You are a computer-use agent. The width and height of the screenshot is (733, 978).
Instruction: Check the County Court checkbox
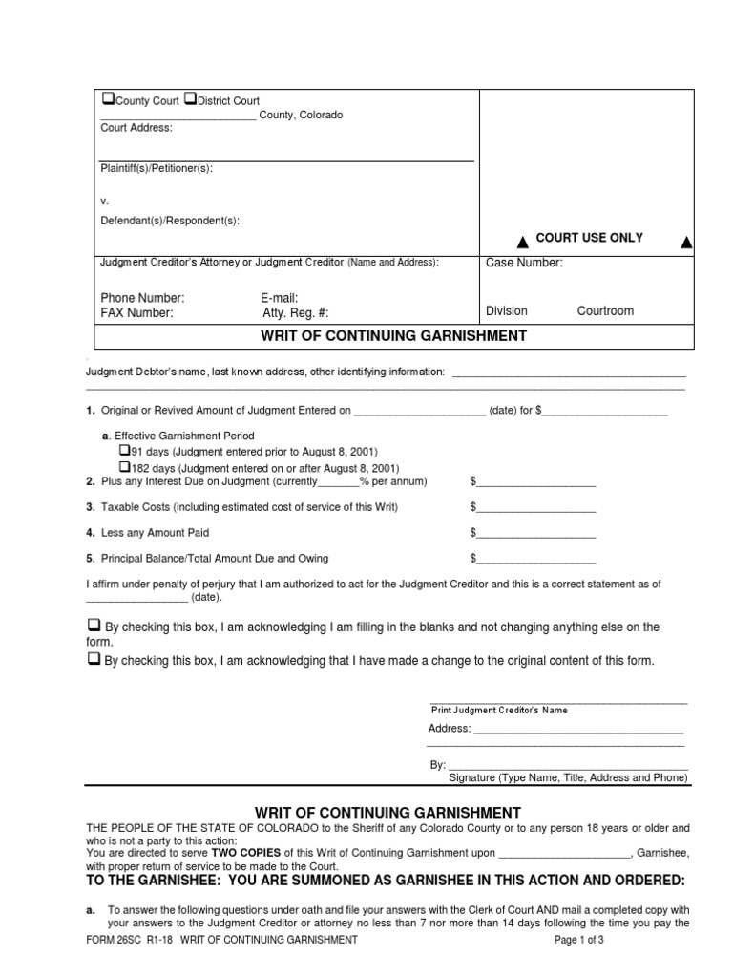coord(108,99)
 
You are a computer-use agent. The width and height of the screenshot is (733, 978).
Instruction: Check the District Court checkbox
coord(190,99)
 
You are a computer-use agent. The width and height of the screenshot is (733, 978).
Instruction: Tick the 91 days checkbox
coord(123,450)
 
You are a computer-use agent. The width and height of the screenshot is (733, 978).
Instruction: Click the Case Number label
coord(524,264)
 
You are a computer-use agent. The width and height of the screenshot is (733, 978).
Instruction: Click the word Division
coord(506,311)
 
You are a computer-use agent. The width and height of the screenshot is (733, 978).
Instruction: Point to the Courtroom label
coord(605,311)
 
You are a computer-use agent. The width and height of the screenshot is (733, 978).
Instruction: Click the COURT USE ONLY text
coord(589,238)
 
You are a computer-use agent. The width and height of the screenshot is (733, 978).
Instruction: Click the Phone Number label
coord(142,298)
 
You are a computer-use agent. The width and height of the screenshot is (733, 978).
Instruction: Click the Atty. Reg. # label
coord(295,312)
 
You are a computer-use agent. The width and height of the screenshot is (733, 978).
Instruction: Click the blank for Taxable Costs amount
coord(536,507)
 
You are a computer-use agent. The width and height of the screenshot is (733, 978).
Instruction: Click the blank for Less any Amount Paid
coord(536,533)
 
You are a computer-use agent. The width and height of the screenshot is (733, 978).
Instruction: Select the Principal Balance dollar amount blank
coord(536,559)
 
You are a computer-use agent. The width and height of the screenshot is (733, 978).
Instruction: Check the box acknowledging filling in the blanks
coord(94,625)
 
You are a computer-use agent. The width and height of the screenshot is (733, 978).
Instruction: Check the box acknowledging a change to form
coord(94,659)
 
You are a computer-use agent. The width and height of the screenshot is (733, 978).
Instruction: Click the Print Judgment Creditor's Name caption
coord(499,710)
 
